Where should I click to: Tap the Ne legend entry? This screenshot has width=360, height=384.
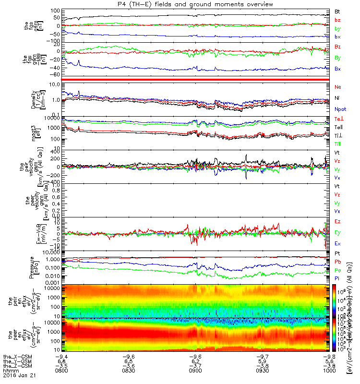(338, 87)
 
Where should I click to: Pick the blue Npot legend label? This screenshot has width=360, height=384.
(340, 109)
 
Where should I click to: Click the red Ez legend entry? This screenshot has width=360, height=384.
(337, 222)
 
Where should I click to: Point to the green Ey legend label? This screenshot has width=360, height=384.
(337, 233)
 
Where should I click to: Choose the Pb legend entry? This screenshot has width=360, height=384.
(337, 262)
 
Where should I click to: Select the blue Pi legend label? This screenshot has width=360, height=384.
(337, 278)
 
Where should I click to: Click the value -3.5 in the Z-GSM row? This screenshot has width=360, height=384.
(61, 367)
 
